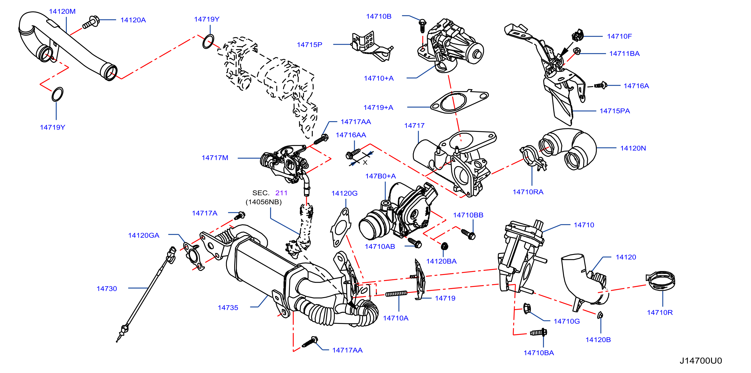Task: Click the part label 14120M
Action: click(62, 11)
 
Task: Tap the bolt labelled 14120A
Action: click(91, 22)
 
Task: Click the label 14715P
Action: click(309, 45)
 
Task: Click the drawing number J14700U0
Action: click(700, 361)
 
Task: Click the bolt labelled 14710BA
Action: click(538, 332)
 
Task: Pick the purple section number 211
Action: click(281, 193)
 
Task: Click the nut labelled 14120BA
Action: click(444, 246)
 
